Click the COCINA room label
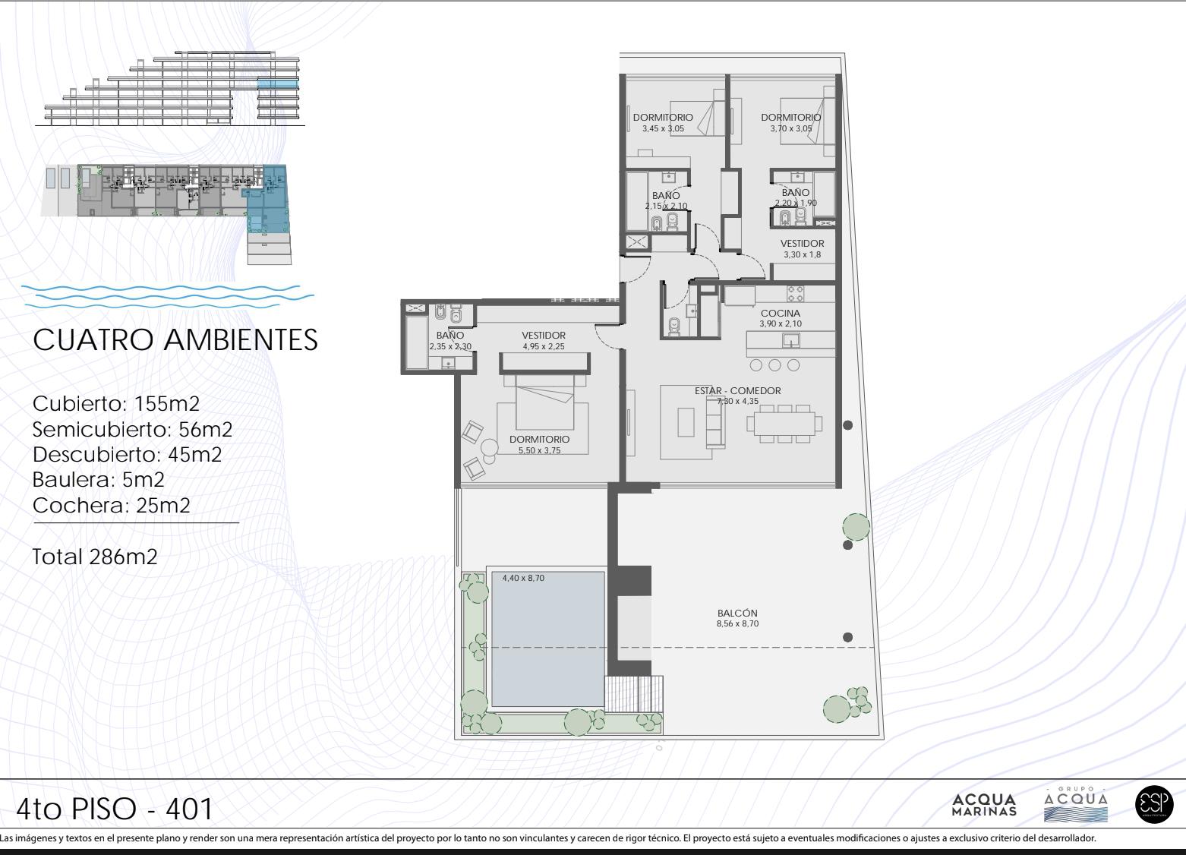780,314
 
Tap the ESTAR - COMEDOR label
737,391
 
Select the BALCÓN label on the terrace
737,613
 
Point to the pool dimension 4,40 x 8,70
523,578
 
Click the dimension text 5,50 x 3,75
539,450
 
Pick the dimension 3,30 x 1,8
802,254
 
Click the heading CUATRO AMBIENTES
175,340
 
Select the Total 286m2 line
96,557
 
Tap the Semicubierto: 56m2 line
132,429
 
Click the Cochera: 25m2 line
111,505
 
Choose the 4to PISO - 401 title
115,809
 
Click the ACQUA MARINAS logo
984,805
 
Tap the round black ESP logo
1154,804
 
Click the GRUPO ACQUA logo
1076,804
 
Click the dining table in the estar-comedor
784,424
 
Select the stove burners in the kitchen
795,293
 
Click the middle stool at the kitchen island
774,364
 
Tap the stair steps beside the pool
634,693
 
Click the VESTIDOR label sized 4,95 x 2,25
543,336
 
